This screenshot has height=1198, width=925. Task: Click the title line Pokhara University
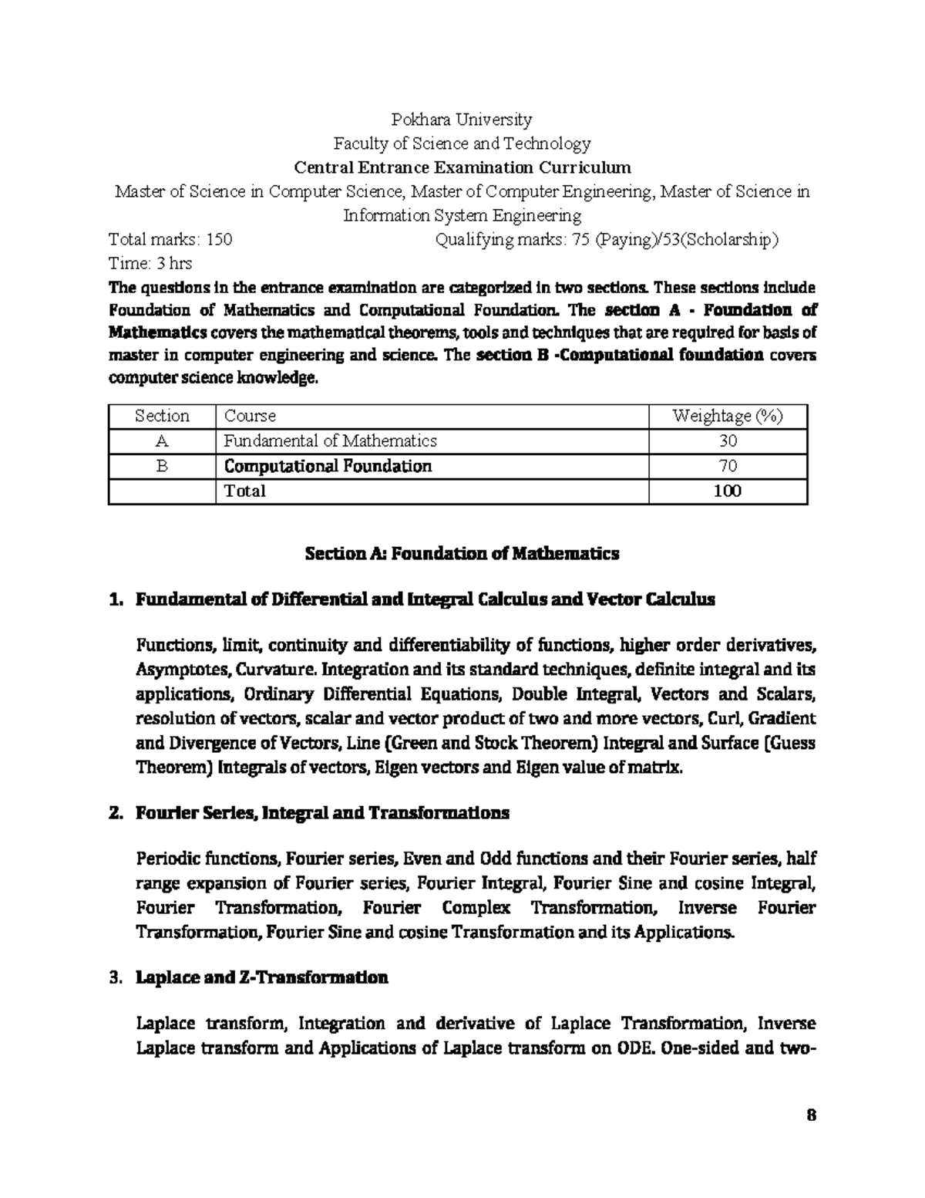click(462, 120)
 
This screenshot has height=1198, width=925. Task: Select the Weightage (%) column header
click(728, 417)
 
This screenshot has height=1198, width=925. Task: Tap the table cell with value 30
click(728, 441)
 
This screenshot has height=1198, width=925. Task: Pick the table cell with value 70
click(728, 466)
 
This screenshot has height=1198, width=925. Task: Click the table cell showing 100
click(728, 491)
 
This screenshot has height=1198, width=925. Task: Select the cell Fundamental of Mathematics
click(330, 441)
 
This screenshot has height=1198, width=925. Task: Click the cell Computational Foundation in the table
click(328, 466)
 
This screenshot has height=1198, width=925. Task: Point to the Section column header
click(162, 417)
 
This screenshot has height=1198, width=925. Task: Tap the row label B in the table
click(162, 466)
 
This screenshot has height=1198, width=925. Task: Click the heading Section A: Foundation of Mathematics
click(462, 554)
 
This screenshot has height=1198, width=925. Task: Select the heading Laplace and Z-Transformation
click(261, 978)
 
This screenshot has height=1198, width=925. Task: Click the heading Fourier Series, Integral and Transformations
click(322, 813)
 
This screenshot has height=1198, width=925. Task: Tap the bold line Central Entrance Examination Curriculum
click(462, 167)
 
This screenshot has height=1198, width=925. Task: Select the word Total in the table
click(244, 491)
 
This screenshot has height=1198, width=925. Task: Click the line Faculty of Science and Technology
click(462, 143)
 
